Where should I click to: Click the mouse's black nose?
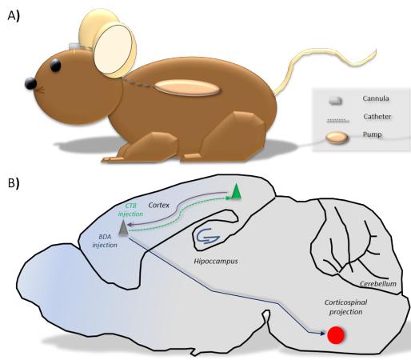(x=30, y=83)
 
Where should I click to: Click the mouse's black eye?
(x=55, y=66)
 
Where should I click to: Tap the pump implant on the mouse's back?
(x=188, y=87)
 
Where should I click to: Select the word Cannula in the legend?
(x=376, y=98)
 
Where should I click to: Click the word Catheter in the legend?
(x=377, y=117)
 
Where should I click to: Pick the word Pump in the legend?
(x=372, y=134)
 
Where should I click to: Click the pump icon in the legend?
(x=337, y=138)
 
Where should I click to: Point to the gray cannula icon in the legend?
(x=336, y=101)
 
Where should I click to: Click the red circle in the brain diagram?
(x=336, y=335)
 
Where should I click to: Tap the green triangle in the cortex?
(x=236, y=191)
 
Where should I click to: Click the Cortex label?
(x=159, y=205)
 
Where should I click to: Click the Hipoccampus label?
(x=216, y=261)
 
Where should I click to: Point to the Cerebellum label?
(x=378, y=284)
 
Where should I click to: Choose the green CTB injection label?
(x=131, y=210)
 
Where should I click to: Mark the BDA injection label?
(x=105, y=241)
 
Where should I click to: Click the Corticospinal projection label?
(x=345, y=307)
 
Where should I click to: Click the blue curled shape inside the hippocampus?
(x=208, y=236)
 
